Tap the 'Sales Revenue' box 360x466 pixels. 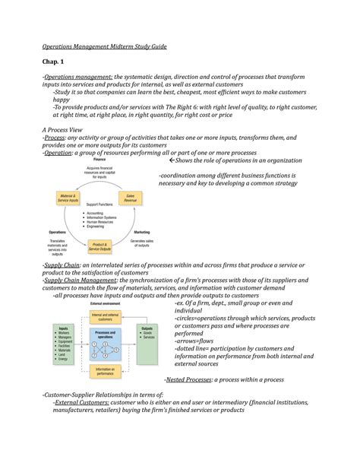(x=141, y=197)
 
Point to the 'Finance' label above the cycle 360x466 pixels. (x=99, y=159)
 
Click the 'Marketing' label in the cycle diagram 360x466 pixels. (x=141, y=231)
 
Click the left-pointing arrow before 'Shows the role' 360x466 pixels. (x=172, y=160)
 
